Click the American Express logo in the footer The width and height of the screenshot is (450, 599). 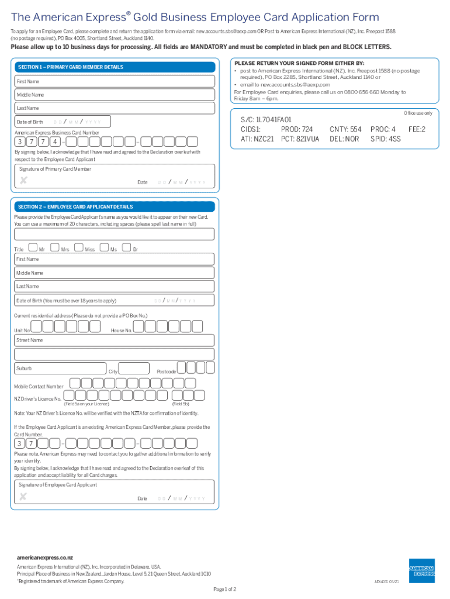point(421,571)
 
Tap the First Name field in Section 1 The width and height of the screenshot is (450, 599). point(115,81)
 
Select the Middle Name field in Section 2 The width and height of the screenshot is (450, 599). point(115,273)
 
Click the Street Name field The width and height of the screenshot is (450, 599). point(115,354)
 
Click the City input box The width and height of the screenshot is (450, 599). point(134,368)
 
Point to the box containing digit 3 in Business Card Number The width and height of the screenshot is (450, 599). point(20,142)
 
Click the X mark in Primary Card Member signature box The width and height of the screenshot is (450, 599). point(23,180)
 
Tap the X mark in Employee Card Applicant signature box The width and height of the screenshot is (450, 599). point(23,497)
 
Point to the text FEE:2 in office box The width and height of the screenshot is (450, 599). point(417,129)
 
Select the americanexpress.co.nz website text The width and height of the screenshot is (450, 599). point(45,557)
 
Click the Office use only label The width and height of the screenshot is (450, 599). point(418,113)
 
